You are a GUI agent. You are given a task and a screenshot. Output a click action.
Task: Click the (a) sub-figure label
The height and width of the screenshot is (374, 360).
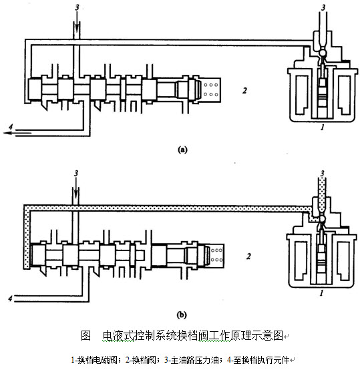[182, 150]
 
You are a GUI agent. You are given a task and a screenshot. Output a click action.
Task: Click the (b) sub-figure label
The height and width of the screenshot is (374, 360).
[182, 315]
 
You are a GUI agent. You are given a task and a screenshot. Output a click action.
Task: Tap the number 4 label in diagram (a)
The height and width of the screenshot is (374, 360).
[10, 127]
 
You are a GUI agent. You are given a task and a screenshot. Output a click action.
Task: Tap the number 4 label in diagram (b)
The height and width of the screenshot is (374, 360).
[10, 298]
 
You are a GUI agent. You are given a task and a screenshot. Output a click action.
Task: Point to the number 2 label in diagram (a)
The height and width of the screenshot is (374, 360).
[244, 91]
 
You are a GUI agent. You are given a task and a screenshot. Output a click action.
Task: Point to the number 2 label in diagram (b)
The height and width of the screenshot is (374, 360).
[248, 256]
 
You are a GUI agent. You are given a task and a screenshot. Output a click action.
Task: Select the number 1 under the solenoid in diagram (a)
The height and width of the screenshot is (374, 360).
[323, 128]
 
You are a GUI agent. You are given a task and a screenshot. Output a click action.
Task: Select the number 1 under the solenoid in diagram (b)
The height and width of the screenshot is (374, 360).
[321, 293]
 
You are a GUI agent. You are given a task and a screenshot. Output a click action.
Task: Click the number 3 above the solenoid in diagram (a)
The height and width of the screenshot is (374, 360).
[323, 7]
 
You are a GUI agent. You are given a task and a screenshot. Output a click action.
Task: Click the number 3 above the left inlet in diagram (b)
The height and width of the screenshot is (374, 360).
[76, 173]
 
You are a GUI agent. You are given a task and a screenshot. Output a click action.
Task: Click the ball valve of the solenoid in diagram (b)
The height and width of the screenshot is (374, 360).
[322, 218]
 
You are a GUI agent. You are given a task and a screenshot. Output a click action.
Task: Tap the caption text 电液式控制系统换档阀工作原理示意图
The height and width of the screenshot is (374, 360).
[193, 335]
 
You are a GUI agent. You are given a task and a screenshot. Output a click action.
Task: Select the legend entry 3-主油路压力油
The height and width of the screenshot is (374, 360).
[192, 360]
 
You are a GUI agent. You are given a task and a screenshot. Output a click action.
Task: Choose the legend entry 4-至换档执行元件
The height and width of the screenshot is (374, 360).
[258, 360]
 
